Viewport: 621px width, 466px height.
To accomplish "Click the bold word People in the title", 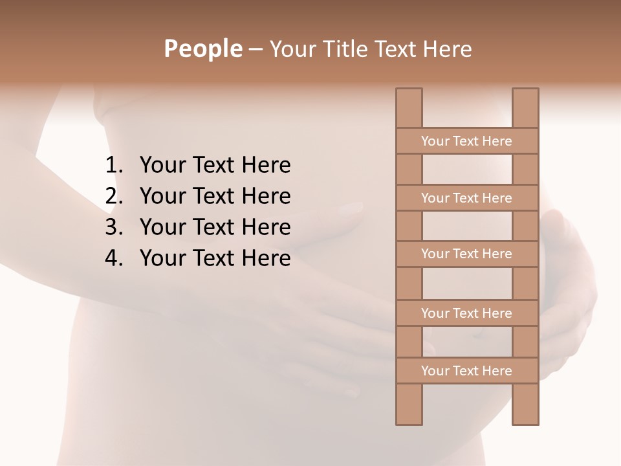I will pos(202,49).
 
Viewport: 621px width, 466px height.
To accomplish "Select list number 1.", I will pos(114,166).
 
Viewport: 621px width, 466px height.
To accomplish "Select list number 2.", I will pos(114,196).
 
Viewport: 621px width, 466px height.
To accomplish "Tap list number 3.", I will pos(114,227).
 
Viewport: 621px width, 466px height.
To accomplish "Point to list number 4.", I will pos(114,258).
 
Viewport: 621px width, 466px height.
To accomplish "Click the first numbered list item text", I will pos(215,166).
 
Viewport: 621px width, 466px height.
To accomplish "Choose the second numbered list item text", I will pos(215,196).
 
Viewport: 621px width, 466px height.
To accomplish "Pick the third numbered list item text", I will pos(215,227).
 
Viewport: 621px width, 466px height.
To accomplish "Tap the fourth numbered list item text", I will pos(215,258).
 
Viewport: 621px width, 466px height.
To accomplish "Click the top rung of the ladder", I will pos(466,141).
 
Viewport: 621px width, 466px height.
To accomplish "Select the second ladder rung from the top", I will pos(466,198).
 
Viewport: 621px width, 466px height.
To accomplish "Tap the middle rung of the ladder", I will pos(466,254).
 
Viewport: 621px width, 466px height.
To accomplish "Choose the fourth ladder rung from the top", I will pos(466,313).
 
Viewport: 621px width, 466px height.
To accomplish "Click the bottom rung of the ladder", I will pos(466,371).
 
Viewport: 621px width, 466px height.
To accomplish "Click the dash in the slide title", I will pos(255,50).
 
